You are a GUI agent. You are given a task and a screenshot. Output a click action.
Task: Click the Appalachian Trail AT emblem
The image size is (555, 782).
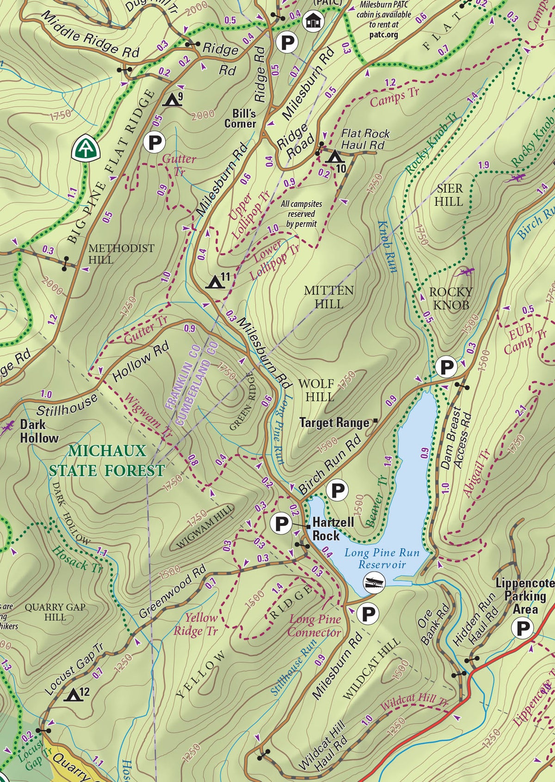(86, 147)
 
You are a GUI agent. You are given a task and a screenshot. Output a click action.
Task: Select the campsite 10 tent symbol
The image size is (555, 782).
(334, 157)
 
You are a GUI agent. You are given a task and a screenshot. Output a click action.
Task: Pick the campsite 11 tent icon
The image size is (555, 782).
(214, 281)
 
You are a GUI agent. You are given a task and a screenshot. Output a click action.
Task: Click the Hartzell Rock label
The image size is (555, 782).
(333, 529)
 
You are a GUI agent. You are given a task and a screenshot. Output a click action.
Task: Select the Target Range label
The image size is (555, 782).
(334, 422)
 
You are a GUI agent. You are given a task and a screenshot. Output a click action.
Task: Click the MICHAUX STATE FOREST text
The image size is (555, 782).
(107, 460)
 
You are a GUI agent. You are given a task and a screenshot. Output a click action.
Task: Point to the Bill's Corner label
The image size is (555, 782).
(240, 118)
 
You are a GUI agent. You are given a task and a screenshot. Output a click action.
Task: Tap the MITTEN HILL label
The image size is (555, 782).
(329, 297)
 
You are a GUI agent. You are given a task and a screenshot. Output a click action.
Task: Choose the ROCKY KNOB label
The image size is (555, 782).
(450, 298)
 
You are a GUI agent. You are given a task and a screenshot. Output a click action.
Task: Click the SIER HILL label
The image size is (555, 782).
(449, 195)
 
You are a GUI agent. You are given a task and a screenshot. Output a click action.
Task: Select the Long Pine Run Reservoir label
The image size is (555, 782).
(382, 558)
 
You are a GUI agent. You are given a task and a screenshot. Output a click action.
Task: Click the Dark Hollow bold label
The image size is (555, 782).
(39, 431)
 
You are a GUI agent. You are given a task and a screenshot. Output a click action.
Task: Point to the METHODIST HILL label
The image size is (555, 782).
(121, 254)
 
